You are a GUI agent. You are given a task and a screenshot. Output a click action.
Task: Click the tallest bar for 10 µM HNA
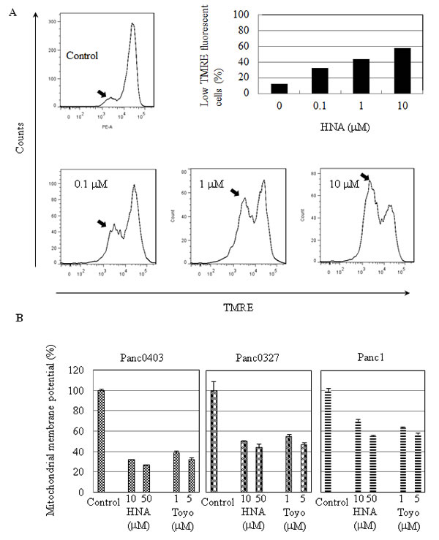click(x=387, y=71)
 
